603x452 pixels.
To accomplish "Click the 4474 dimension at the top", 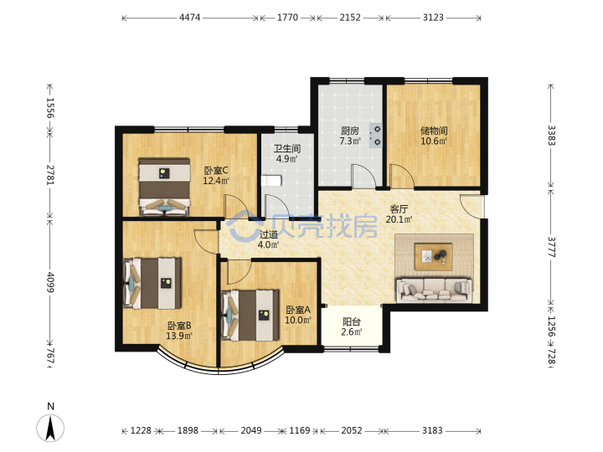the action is click(189, 18).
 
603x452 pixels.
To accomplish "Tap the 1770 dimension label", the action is click(287, 18).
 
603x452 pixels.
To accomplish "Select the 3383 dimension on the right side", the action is click(551, 136).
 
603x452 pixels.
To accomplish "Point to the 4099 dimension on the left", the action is click(50, 282).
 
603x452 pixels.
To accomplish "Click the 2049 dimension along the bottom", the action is click(251, 430).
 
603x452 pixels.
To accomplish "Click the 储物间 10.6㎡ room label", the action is click(434, 136).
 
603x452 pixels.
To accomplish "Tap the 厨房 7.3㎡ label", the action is click(349, 136).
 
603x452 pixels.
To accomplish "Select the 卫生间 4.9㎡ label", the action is click(287, 153).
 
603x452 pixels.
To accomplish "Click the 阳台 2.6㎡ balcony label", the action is click(352, 326).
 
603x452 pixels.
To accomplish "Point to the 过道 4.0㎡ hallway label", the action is click(269, 239).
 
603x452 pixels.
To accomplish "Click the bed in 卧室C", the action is click(164, 187).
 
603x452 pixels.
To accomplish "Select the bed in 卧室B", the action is click(152, 283).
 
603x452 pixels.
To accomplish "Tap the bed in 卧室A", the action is click(250, 316).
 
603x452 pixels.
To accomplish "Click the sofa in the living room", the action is click(434, 290).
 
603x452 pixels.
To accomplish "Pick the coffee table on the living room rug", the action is click(434, 257).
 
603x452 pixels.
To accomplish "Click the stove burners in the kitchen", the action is click(376, 136).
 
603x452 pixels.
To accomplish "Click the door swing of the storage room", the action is click(402, 176).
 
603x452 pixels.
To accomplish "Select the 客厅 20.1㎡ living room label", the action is click(399, 214).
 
